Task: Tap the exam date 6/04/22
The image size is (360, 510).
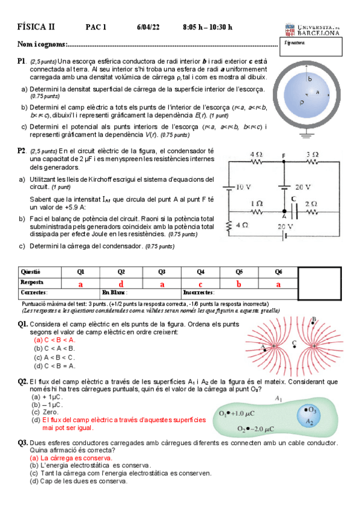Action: tap(148, 27)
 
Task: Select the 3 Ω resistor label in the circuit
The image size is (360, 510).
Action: tap(312, 155)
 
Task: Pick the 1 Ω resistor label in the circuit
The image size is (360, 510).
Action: tap(257, 204)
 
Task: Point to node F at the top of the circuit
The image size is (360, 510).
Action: tap(283, 155)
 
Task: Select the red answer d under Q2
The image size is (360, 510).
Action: tap(121, 283)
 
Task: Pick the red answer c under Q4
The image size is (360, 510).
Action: tap(200, 283)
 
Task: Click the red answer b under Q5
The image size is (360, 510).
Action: tap(239, 283)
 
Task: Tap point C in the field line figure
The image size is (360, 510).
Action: tap(294, 343)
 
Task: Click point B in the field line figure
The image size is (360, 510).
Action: tap(314, 319)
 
